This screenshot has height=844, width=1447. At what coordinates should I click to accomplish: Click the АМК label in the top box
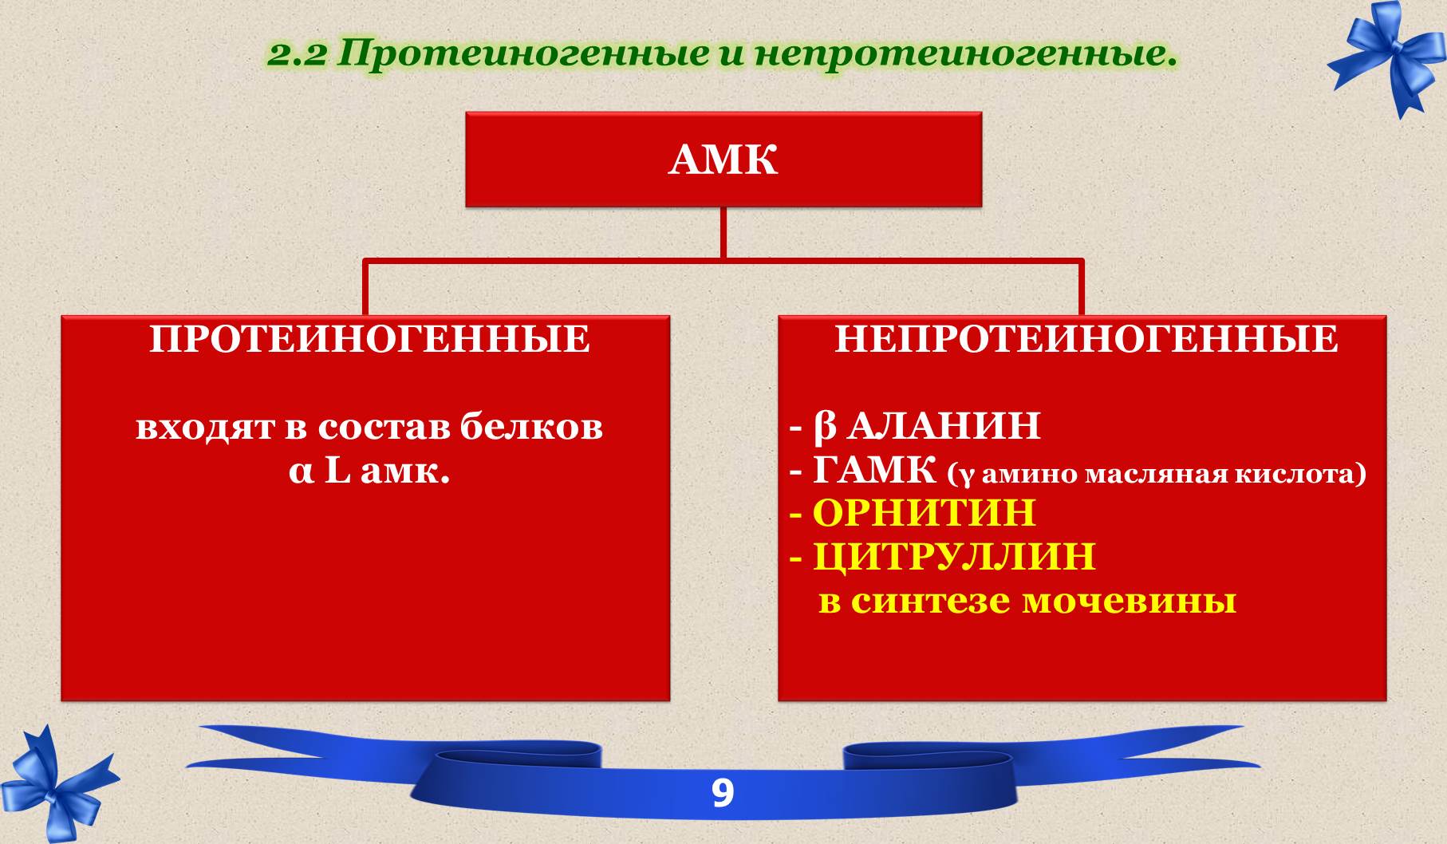click(x=723, y=160)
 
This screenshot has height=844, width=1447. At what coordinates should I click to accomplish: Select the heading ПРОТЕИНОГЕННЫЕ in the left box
click(x=370, y=340)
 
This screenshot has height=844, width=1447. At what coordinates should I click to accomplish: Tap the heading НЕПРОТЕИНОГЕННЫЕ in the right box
click(x=1086, y=340)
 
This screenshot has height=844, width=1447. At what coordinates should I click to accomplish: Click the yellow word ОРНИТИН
click(x=924, y=512)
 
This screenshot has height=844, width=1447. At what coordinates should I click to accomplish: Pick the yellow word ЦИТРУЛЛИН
click(x=954, y=556)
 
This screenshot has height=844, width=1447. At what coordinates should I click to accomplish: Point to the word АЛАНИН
click(x=944, y=426)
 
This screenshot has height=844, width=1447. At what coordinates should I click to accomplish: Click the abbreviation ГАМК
click(x=875, y=470)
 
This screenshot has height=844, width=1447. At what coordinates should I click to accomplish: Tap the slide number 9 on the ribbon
click(x=722, y=794)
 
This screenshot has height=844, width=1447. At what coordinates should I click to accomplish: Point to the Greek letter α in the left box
click(x=300, y=474)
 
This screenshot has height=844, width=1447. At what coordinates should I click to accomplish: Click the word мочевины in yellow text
click(x=1130, y=601)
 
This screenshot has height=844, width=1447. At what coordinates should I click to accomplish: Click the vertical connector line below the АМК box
click(x=723, y=233)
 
